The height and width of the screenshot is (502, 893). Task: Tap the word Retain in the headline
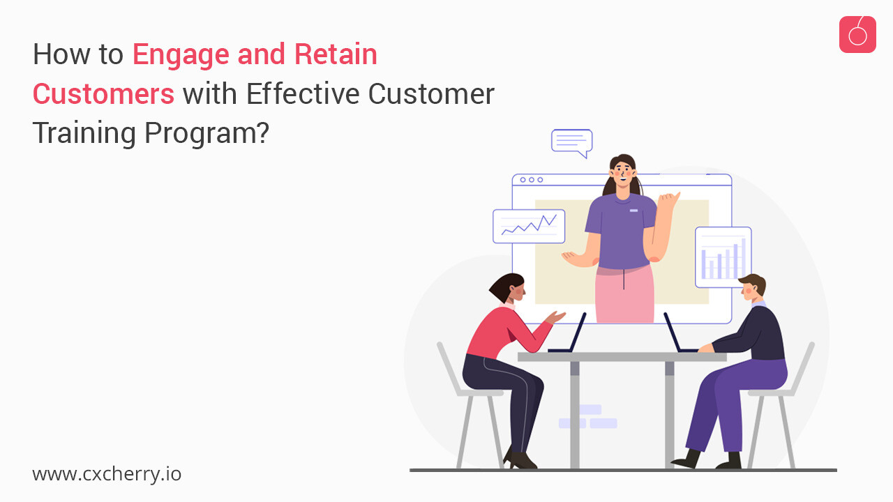coord(336,54)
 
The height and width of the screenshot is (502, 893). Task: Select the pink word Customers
coord(104,94)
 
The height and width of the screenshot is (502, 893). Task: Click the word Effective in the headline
coord(303,93)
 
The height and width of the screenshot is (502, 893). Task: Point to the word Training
coord(84,134)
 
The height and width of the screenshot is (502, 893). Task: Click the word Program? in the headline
coord(207,134)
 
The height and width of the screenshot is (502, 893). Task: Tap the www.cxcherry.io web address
coord(107,475)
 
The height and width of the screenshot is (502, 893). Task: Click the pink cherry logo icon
coord(857,35)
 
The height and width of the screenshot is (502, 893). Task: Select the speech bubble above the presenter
coord(571,143)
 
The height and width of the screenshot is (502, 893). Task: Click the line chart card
coord(529,227)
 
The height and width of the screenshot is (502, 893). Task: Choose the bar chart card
coord(723,257)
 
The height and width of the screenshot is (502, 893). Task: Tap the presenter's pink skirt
coord(624,294)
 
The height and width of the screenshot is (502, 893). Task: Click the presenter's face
coord(623,175)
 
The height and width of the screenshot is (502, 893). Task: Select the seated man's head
coord(753,289)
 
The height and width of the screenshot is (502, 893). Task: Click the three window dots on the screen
coord(532,180)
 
